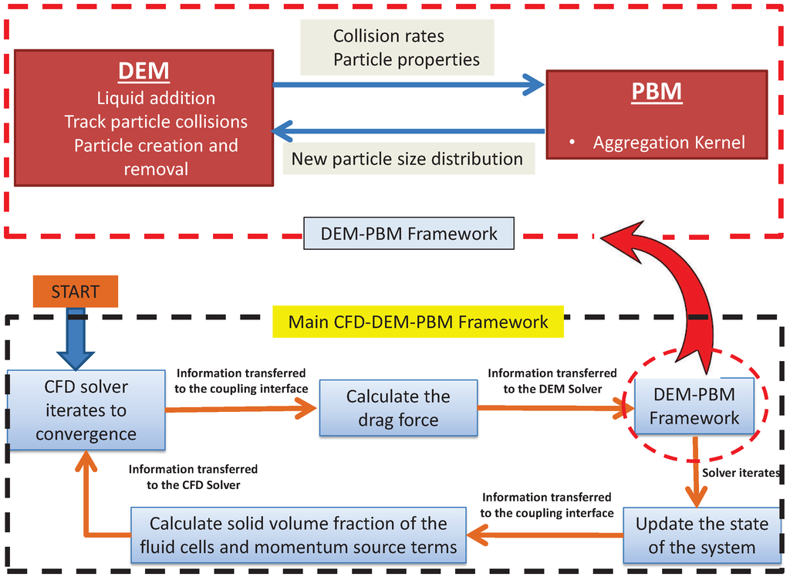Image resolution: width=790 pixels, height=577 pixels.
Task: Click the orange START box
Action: click(75, 292)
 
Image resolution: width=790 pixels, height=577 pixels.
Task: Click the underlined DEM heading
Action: click(143, 71)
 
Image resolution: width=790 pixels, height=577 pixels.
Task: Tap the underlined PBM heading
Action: click(657, 92)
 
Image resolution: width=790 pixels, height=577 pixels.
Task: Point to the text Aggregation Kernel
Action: click(669, 143)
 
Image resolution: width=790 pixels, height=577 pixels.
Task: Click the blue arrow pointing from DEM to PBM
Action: click(409, 85)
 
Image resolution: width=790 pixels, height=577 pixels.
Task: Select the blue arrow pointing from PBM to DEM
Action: click(409, 130)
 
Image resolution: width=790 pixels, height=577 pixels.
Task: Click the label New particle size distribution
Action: click(407, 159)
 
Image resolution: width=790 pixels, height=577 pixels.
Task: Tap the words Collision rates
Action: click(388, 36)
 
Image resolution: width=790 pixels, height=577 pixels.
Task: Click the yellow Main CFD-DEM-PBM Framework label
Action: click(418, 321)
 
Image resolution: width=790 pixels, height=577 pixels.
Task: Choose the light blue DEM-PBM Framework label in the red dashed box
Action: click(408, 233)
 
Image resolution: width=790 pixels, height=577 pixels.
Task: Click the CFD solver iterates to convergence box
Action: click(86, 410)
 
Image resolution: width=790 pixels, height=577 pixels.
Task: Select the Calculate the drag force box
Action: click(397, 408)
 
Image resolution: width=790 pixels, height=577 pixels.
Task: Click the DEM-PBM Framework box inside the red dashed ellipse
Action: click(694, 407)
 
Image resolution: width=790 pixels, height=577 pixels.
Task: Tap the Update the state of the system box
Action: click(701, 535)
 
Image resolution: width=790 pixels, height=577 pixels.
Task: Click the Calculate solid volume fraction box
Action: click(298, 535)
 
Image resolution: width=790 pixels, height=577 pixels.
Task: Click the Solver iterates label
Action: click(741, 472)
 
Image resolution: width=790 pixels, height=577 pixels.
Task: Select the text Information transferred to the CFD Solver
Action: click(193, 477)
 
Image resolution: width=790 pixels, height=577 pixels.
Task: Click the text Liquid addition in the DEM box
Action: click(156, 98)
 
